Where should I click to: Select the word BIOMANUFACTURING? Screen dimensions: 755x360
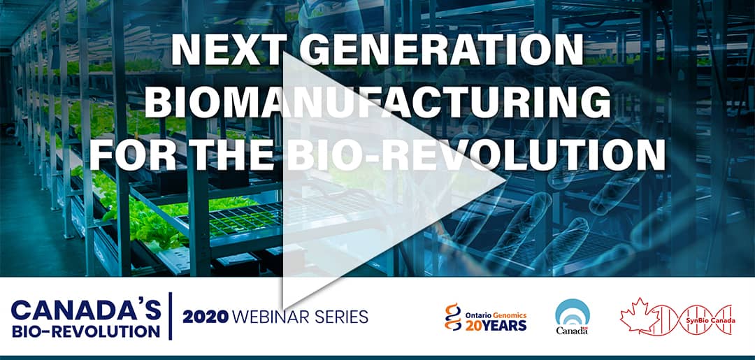tap(378, 102)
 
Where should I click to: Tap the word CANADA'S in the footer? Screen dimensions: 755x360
tap(86, 311)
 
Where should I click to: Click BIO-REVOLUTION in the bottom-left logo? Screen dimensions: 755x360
tap(85, 331)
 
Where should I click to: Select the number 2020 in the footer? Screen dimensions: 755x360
tap(205, 317)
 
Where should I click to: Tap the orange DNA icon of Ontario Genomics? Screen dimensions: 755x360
tap(452, 317)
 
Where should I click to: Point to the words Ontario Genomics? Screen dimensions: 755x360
tap(496, 315)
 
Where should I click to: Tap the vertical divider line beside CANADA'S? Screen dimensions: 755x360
tap(171, 316)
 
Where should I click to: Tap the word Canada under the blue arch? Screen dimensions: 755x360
tap(572, 331)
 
